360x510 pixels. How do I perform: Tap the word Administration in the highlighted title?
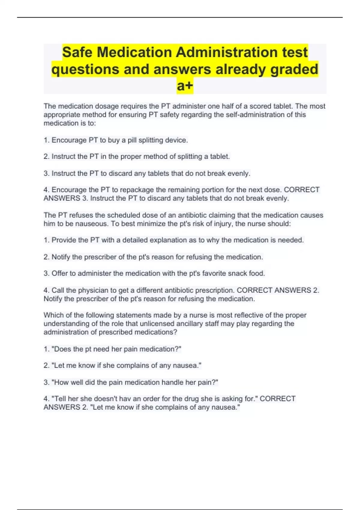(226, 52)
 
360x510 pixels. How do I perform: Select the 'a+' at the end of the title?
(185, 86)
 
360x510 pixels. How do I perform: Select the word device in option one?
(176, 140)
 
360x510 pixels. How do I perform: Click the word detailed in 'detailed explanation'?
(135, 240)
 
